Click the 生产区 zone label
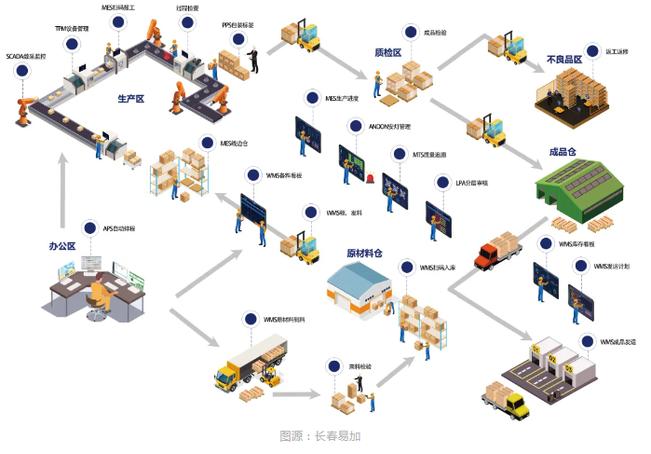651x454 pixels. [x=130, y=98]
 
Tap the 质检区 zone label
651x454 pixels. [x=387, y=53]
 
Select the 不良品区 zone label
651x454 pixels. [x=564, y=60]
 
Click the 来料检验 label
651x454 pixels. [x=360, y=366]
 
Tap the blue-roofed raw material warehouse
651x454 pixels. [x=357, y=284]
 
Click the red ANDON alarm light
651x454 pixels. [x=370, y=177]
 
